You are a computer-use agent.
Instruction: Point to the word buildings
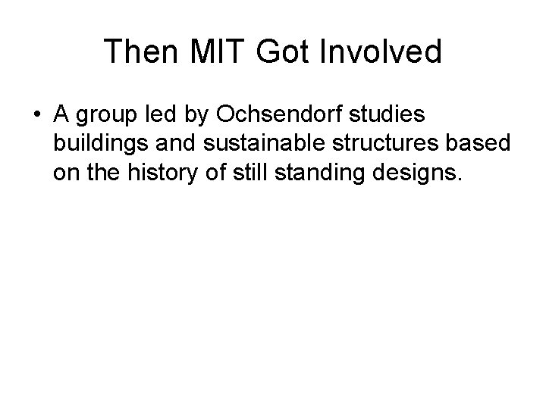point(99,145)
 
